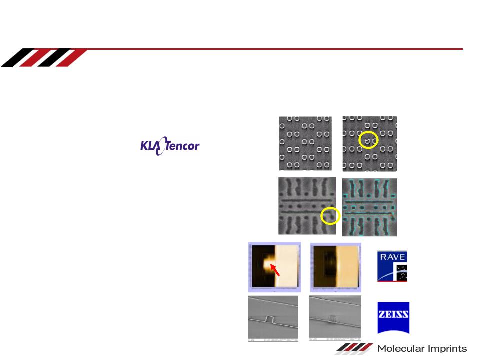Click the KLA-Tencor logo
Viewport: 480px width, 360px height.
[170, 146]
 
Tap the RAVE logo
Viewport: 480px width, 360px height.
[392, 266]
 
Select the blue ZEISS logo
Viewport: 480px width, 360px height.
[393, 318]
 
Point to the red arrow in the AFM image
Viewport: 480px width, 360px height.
[275, 270]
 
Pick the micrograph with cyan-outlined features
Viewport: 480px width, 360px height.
[370, 207]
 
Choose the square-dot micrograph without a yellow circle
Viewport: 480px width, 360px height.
[305, 143]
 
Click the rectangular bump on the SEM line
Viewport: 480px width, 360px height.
[270, 319]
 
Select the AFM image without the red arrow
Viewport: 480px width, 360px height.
[336, 267]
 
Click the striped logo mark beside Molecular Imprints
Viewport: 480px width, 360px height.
[354, 348]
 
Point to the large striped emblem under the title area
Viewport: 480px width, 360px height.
[44, 57]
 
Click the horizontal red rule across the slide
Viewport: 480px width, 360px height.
[275, 49]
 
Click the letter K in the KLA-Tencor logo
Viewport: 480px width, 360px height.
[144, 146]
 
